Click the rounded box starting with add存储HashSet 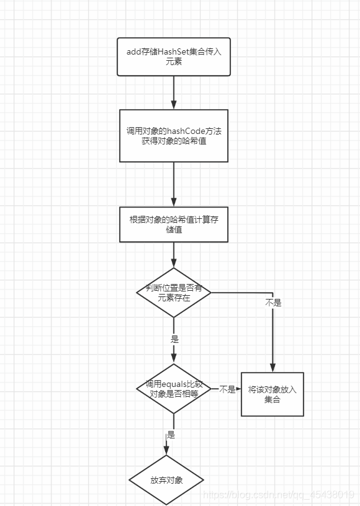(174, 57)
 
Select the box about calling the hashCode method (174, 136)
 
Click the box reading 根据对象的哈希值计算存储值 (174, 224)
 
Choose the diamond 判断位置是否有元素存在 (174, 293)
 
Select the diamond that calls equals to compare (174, 389)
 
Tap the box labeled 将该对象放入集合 (272, 394)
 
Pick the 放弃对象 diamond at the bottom (166, 481)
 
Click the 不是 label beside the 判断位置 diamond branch (272, 303)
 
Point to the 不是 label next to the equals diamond (227, 389)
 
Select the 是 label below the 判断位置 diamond (174, 339)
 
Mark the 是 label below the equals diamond (171, 435)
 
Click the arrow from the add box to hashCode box (174, 92)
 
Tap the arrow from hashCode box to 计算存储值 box (174, 184)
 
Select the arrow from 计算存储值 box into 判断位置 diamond (174, 255)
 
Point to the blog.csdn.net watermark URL (279, 495)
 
